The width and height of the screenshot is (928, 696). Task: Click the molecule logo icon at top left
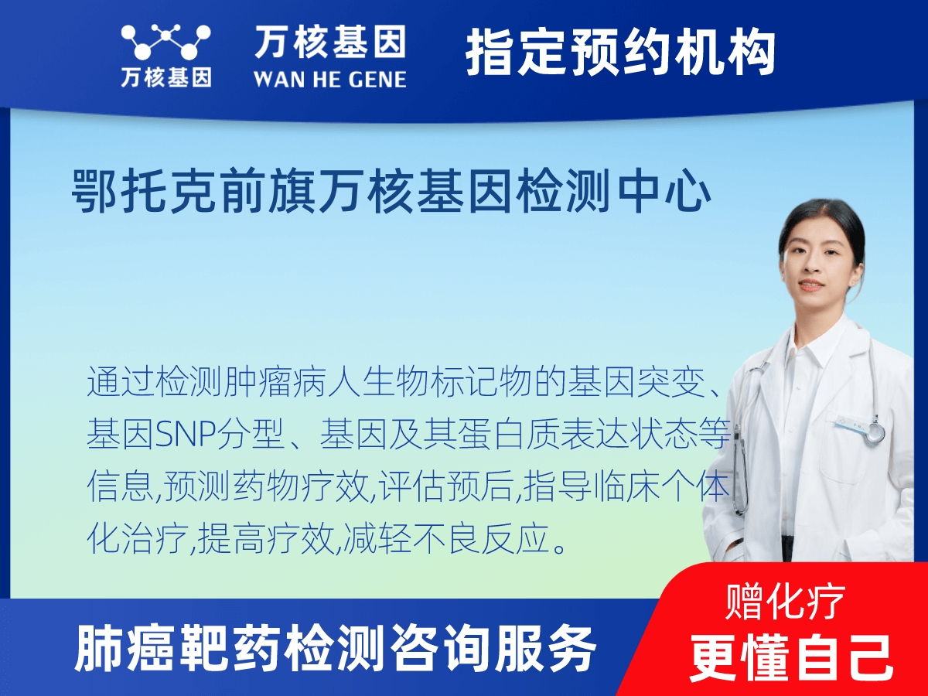click(x=166, y=42)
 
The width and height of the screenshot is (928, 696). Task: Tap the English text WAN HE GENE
click(x=330, y=80)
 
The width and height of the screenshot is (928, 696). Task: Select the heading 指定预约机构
click(x=621, y=52)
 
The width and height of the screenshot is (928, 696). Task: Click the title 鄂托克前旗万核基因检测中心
click(x=391, y=192)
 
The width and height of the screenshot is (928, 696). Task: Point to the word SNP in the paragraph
click(x=185, y=434)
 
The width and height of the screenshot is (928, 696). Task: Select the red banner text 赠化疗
click(x=785, y=602)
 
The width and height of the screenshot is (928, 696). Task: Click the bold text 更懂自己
click(x=791, y=657)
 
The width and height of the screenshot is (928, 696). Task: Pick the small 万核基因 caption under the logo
click(x=166, y=77)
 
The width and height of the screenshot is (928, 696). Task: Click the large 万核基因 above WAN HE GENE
click(x=330, y=43)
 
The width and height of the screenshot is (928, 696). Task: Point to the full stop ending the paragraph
click(x=559, y=548)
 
